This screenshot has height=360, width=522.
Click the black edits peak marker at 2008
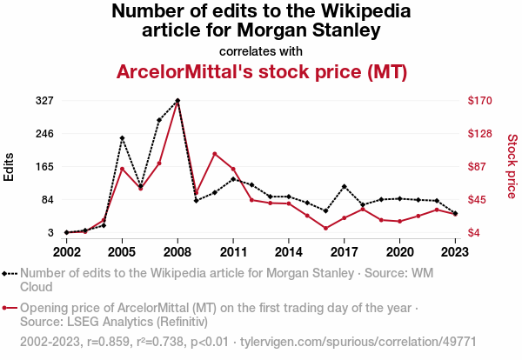[x=177, y=101]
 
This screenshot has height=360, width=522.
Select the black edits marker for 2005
[x=122, y=138]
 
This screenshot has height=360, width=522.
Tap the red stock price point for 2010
[x=214, y=154]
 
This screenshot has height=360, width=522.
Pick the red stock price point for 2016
[x=325, y=228]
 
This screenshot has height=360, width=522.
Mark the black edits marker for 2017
[x=345, y=186]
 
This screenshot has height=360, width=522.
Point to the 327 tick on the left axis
[x=45, y=101]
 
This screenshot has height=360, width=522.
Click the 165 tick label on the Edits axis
[x=45, y=167]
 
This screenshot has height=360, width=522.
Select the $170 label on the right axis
[x=480, y=101]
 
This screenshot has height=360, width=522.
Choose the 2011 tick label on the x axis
[x=233, y=251]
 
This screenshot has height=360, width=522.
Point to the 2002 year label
[x=66, y=251]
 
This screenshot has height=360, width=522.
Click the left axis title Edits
[x=10, y=166]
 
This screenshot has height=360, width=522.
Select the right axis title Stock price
[x=512, y=166]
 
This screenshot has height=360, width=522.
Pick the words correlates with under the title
[x=261, y=50]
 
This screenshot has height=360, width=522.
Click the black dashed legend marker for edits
[x=10, y=273]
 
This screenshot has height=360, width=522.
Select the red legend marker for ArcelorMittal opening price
[x=10, y=308]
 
